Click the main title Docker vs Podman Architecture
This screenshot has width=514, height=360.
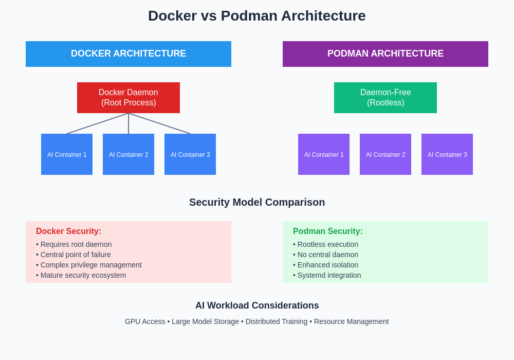click(x=257, y=16)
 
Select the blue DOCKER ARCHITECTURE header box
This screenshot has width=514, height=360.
click(x=128, y=54)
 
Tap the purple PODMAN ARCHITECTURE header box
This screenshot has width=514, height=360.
click(x=385, y=54)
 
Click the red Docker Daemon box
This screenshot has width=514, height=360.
click(x=128, y=98)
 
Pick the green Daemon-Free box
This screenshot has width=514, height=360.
click(x=385, y=98)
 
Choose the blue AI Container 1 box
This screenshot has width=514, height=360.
click(x=67, y=154)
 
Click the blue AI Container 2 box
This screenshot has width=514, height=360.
click(x=128, y=154)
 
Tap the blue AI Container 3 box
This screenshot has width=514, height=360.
click(x=190, y=154)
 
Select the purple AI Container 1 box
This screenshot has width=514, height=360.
click(x=324, y=154)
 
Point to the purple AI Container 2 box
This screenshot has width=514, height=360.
click(x=385, y=154)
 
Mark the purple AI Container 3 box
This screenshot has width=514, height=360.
click(x=447, y=154)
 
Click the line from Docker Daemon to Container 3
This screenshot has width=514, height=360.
click(x=159, y=123)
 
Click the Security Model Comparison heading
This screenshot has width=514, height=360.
click(x=257, y=202)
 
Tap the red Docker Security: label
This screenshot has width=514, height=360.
click(x=68, y=231)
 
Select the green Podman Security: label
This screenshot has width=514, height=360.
click(x=328, y=231)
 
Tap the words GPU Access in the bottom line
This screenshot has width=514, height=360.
click(x=145, y=321)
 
